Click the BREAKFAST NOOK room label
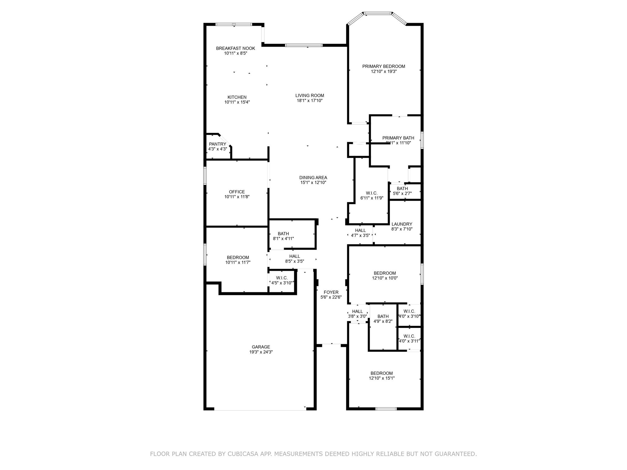pos(235,48)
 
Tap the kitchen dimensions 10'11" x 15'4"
pos(237,102)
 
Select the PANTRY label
pos(217,144)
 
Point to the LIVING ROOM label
pos(310,95)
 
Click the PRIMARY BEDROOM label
pos(384,66)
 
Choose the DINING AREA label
pos(313,177)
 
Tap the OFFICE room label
pos(237,192)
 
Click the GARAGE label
pos(261,347)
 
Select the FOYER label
pos(331,292)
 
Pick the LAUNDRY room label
pos(402,224)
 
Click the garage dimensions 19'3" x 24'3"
pos(261,352)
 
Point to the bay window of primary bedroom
pos(377,13)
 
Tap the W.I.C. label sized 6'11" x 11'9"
pos(372,193)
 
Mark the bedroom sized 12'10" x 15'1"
pos(381,375)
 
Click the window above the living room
pos(303,45)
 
